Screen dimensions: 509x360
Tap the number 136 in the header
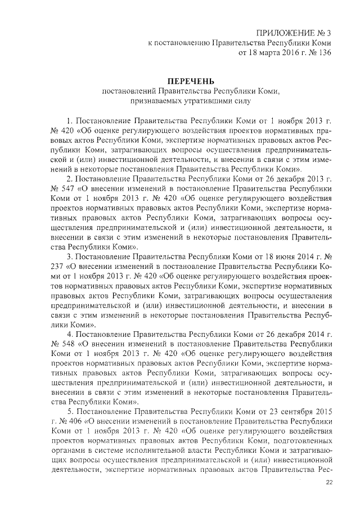322,53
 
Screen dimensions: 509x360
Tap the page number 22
330,482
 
